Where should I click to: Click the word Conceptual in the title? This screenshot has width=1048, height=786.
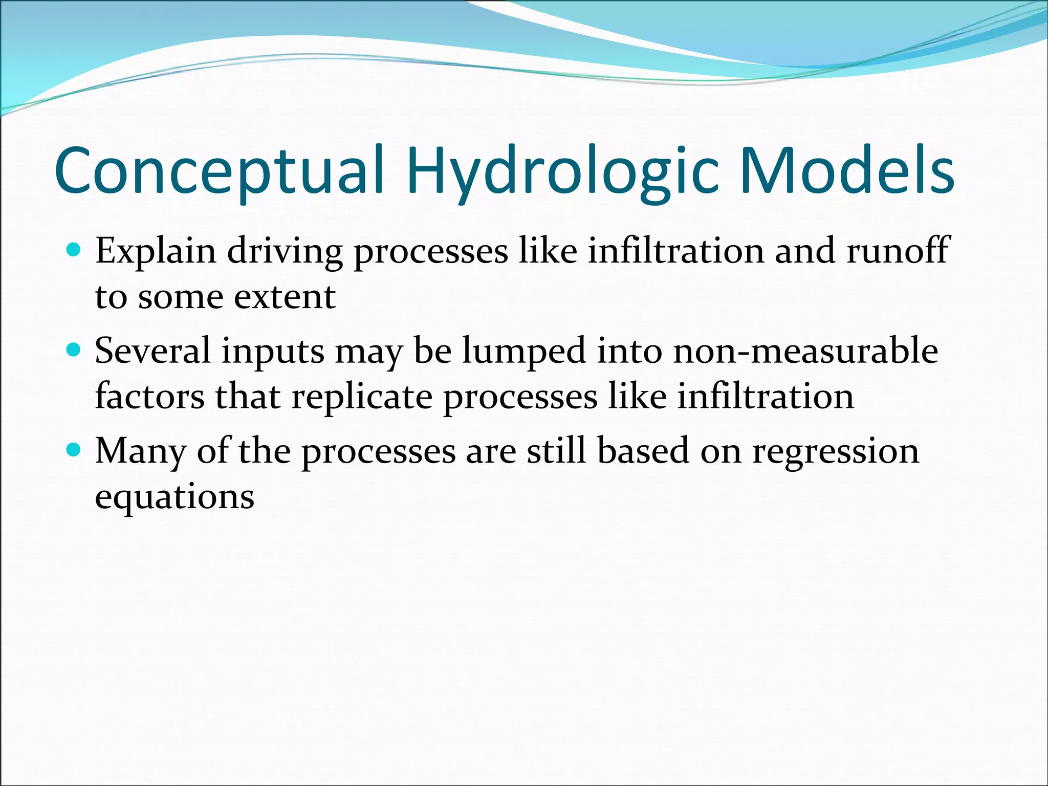(220, 171)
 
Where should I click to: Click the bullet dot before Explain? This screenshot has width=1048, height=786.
(74, 250)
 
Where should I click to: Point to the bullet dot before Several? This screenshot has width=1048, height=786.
(74, 350)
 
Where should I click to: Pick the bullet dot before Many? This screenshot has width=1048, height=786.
(74, 450)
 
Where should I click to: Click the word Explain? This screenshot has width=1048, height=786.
(156, 252)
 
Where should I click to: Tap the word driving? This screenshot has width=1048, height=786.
(285, 252)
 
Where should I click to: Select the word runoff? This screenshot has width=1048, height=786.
(898, 251)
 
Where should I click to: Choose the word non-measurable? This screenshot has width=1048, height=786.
(805, 351)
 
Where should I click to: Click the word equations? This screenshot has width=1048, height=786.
(174, 497)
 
